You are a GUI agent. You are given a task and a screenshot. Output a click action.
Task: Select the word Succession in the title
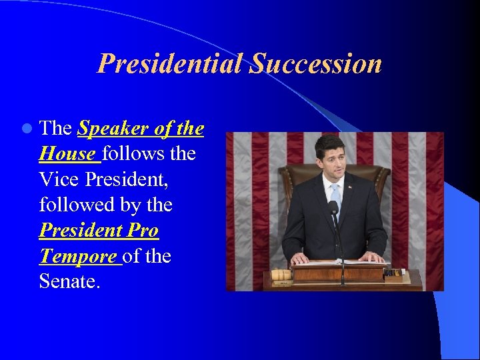coord(316,65)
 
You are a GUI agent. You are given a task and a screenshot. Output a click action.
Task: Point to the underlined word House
coord(67,154)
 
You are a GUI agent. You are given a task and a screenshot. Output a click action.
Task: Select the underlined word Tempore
coord(77,256)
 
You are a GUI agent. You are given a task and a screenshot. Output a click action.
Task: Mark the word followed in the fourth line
coord(75,205)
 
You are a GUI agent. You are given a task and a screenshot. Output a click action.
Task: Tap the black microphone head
coord(333,208)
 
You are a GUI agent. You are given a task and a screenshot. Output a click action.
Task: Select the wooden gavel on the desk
coord(282,274)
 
